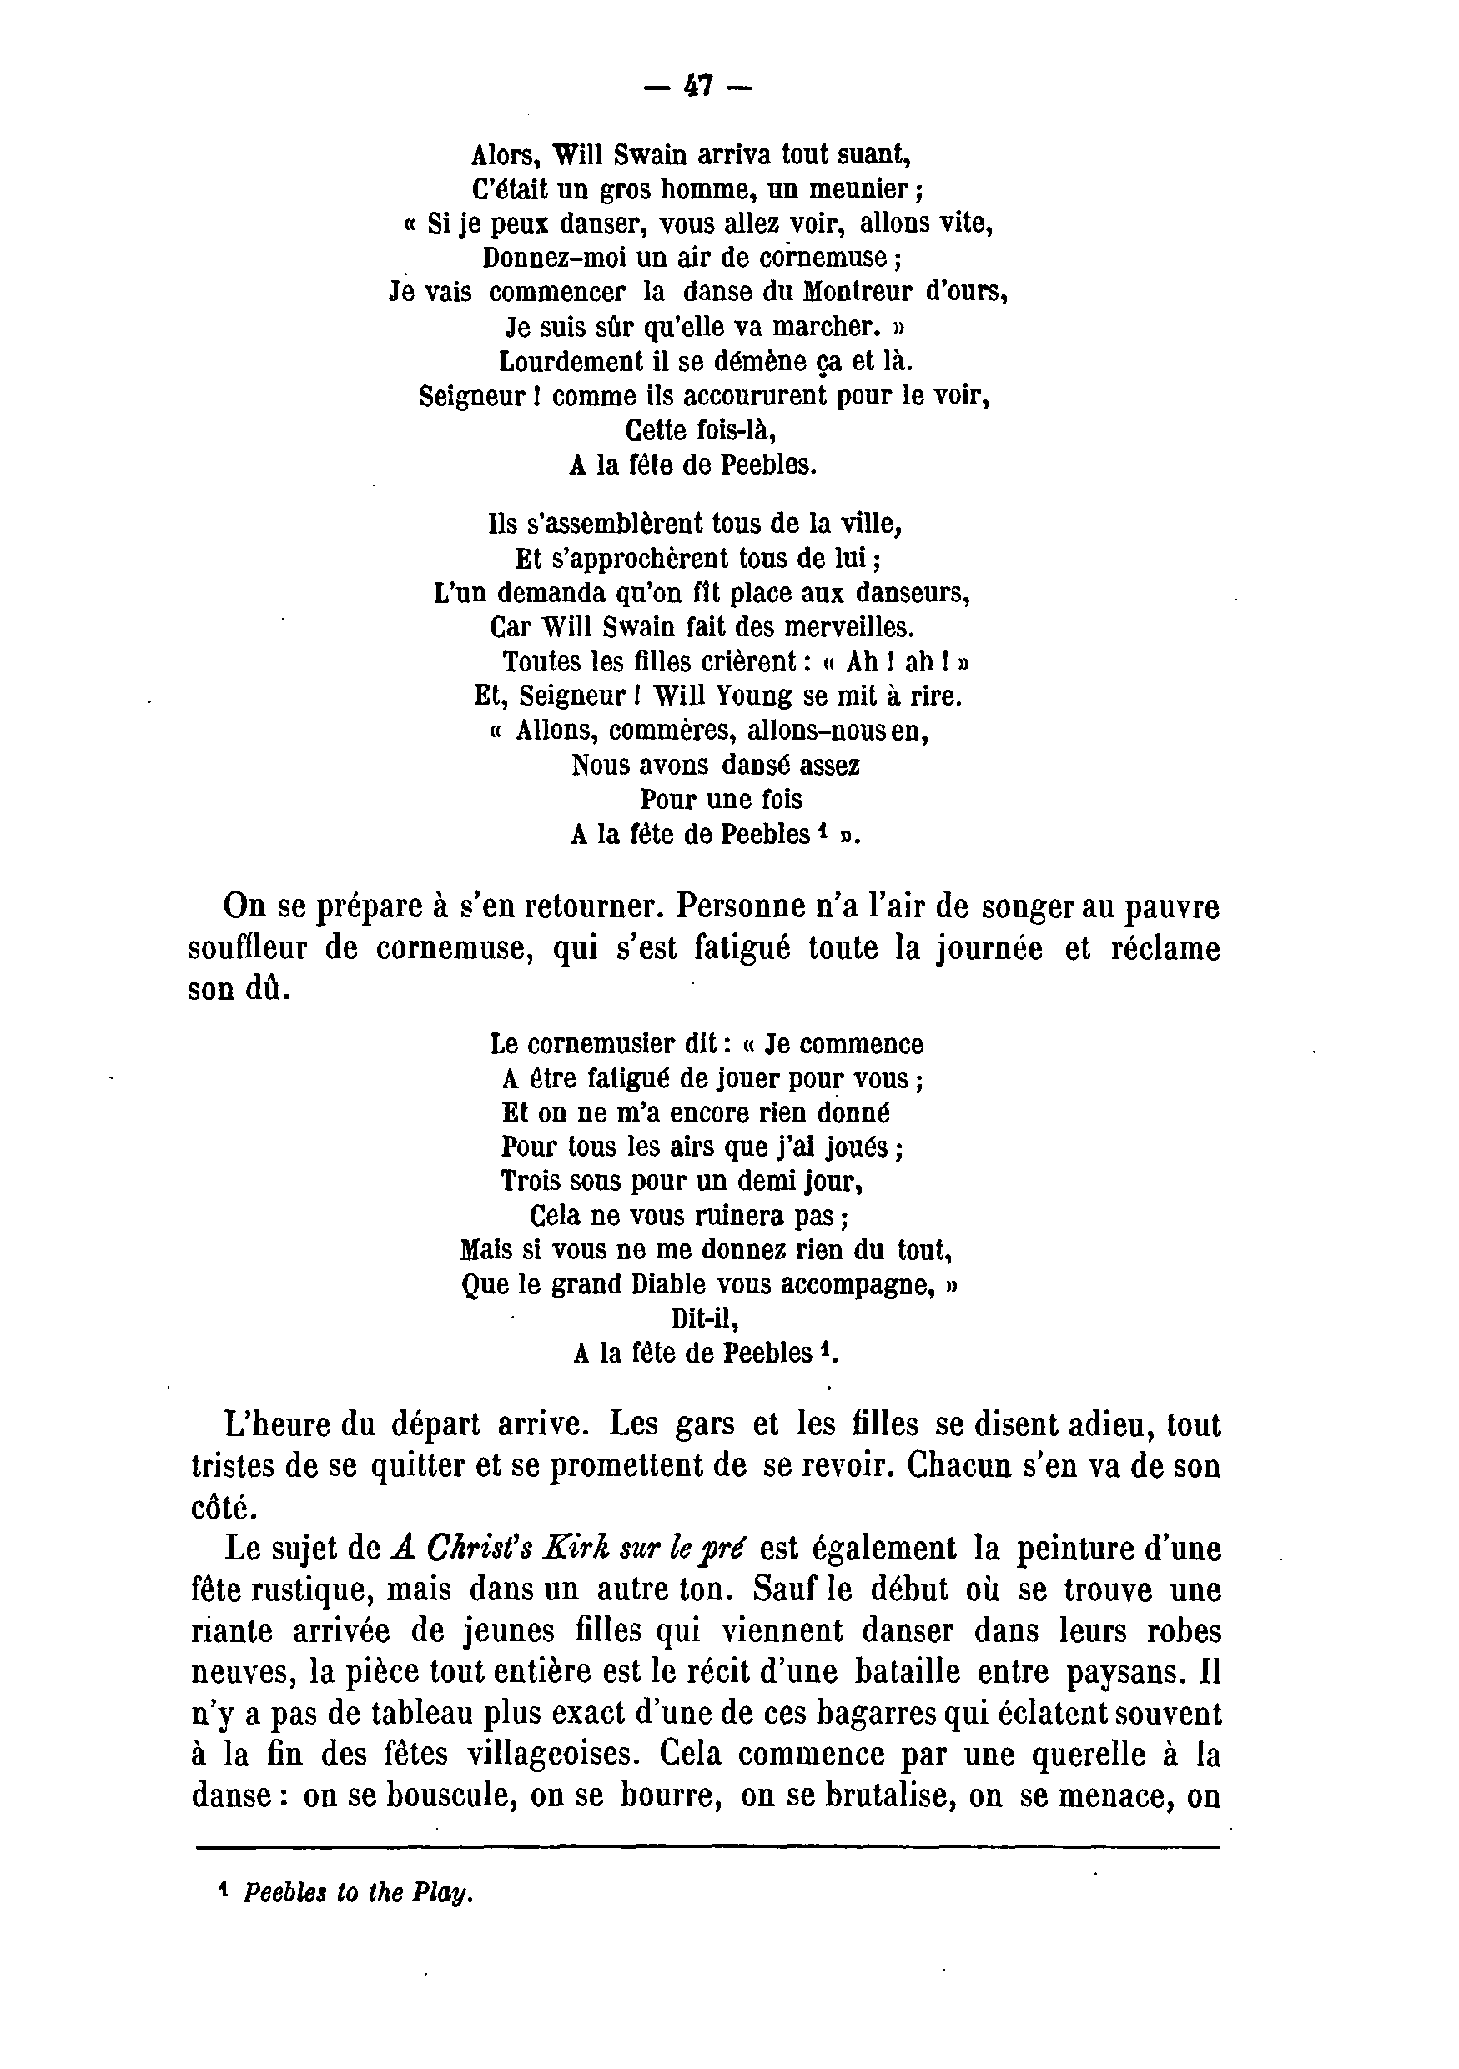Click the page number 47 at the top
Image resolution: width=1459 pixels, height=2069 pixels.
click(698, 86)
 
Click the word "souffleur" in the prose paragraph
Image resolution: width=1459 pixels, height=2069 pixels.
click(247, 950)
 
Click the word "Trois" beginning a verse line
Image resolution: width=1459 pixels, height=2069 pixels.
click(530, 1181)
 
